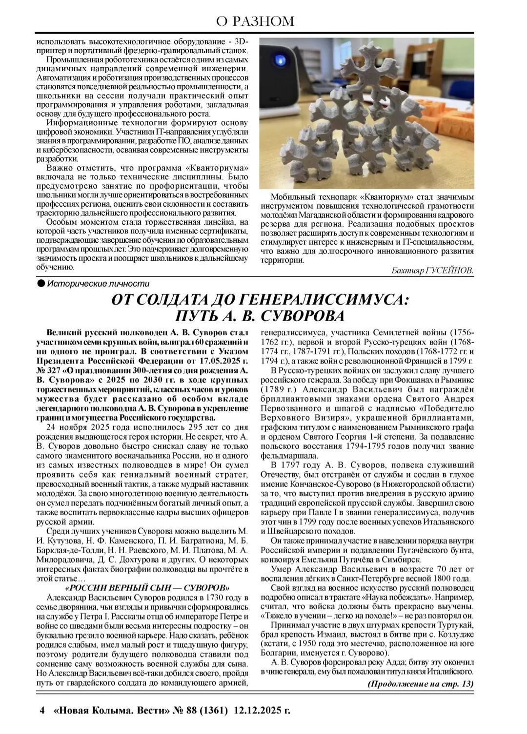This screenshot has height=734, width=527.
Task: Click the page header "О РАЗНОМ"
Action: point(256,21)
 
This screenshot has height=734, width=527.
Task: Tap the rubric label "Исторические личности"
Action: point(98,284)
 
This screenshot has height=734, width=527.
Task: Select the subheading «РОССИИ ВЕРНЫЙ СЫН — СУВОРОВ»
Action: point(147,587)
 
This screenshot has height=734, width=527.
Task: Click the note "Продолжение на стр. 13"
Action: point(421,683)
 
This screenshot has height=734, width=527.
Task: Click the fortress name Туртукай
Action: point(453,625)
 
